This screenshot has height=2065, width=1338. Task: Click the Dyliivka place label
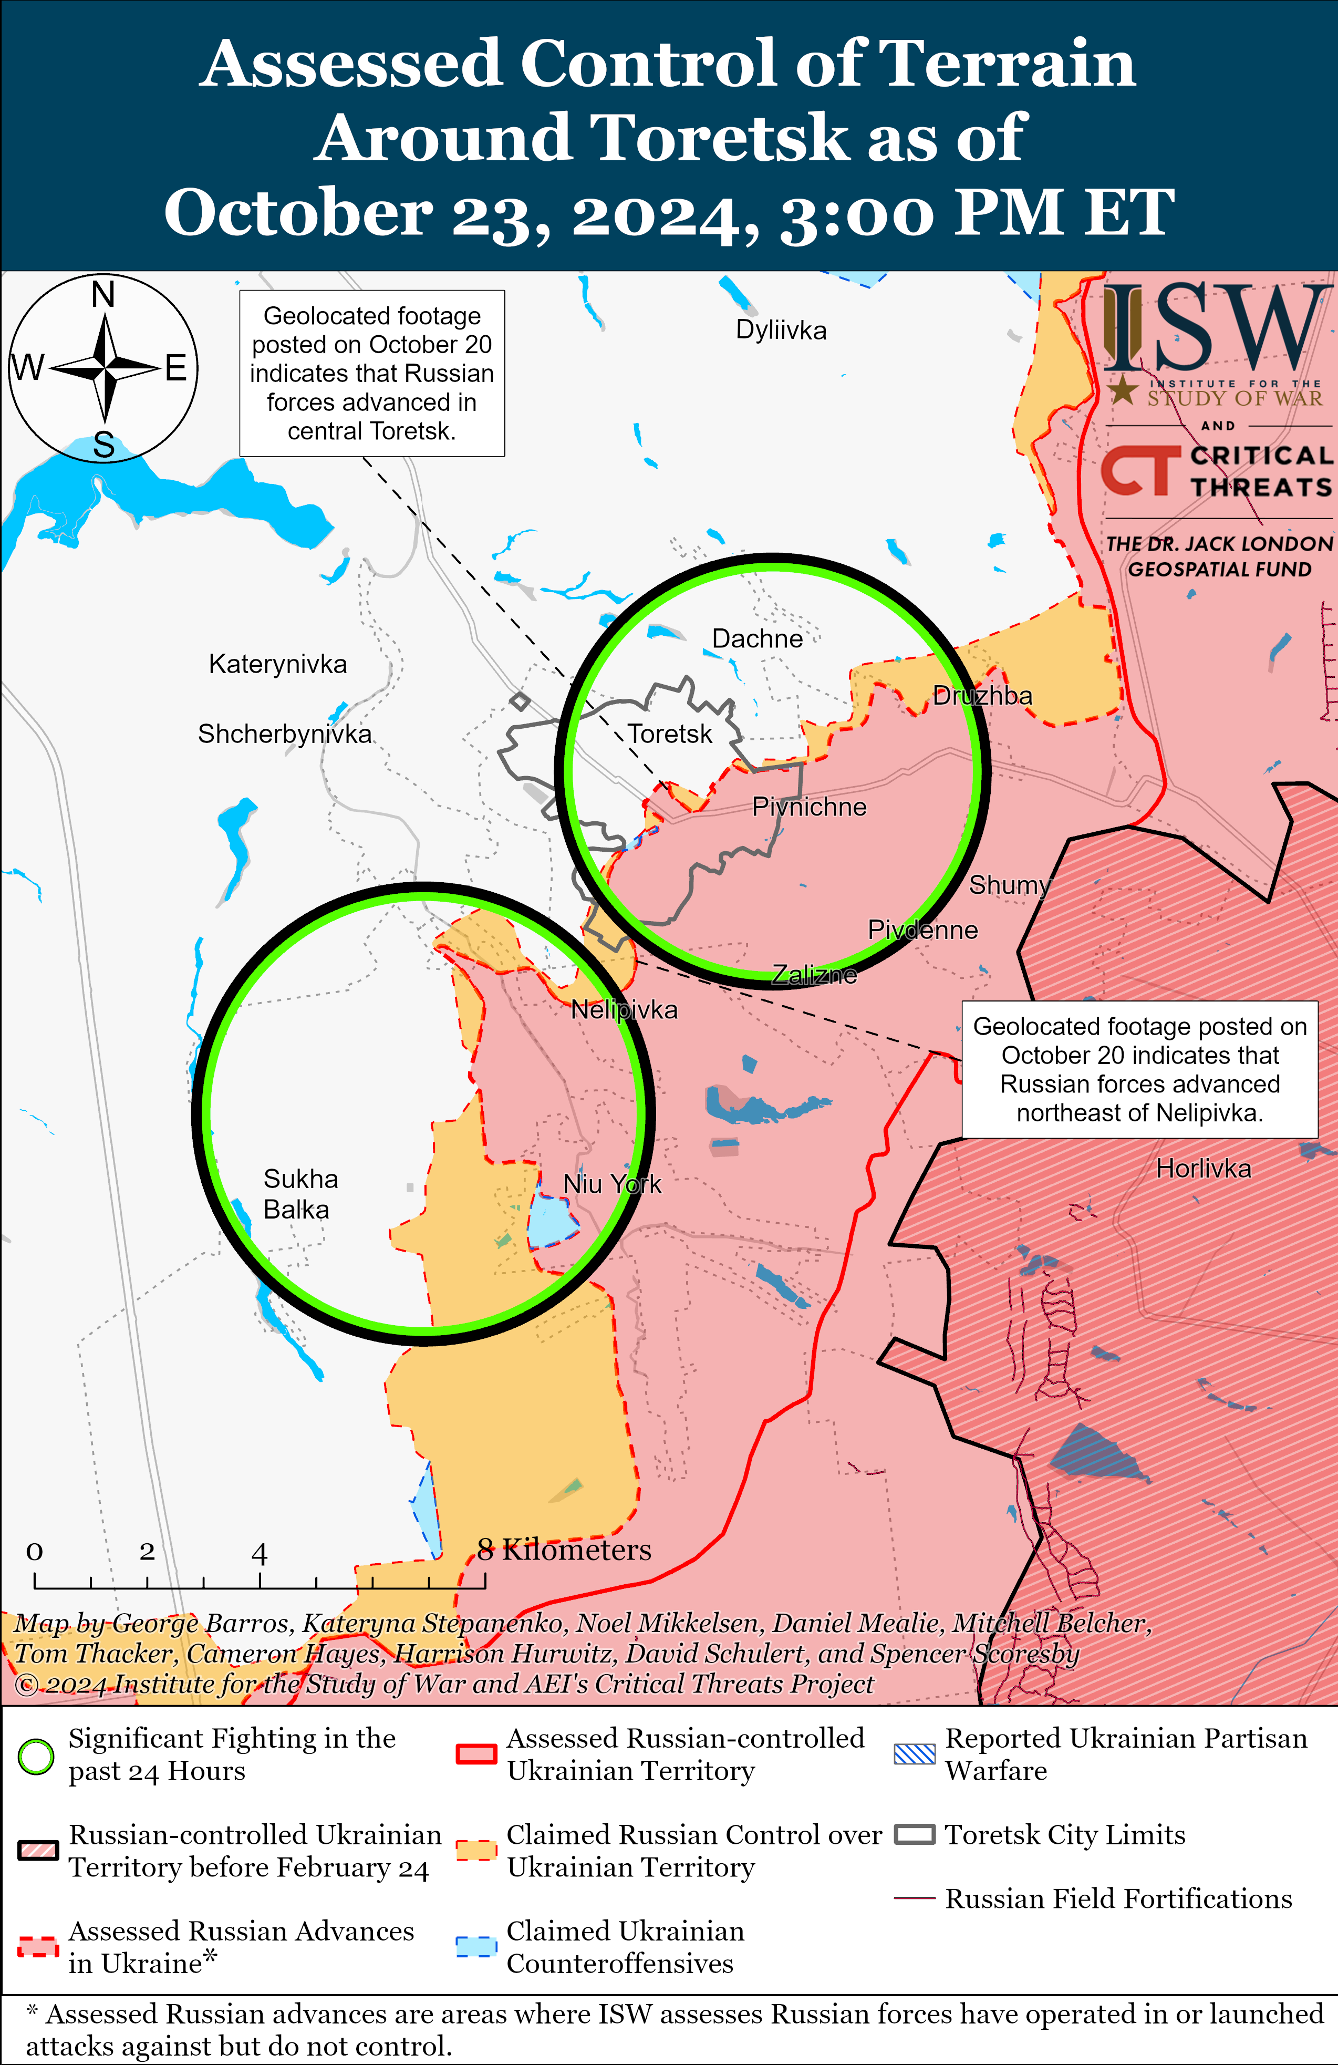pyautogui.click(x=781, y=331)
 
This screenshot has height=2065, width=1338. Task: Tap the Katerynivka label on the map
pyautogui.click(x=278, y=665)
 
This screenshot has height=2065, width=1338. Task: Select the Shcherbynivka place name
pyautogui.click(x=285, y=734)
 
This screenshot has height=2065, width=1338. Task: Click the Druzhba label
pyautogui.click(x=982, y=696)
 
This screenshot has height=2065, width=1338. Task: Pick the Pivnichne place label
pyautogui.click(x=808, y=808)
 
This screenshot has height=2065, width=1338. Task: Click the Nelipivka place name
pyautogui.click(x=624, y=1010)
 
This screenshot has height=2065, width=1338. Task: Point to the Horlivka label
pyautogui.click(x=1204, y=1169)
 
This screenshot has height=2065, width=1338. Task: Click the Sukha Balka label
pyautogui.click(x=299, y=1194)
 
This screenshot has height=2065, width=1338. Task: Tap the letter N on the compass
pyautogui.click(x=103, y=295)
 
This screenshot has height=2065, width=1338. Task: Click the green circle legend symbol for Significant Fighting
pyautogui.click(x=36, y=1757)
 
